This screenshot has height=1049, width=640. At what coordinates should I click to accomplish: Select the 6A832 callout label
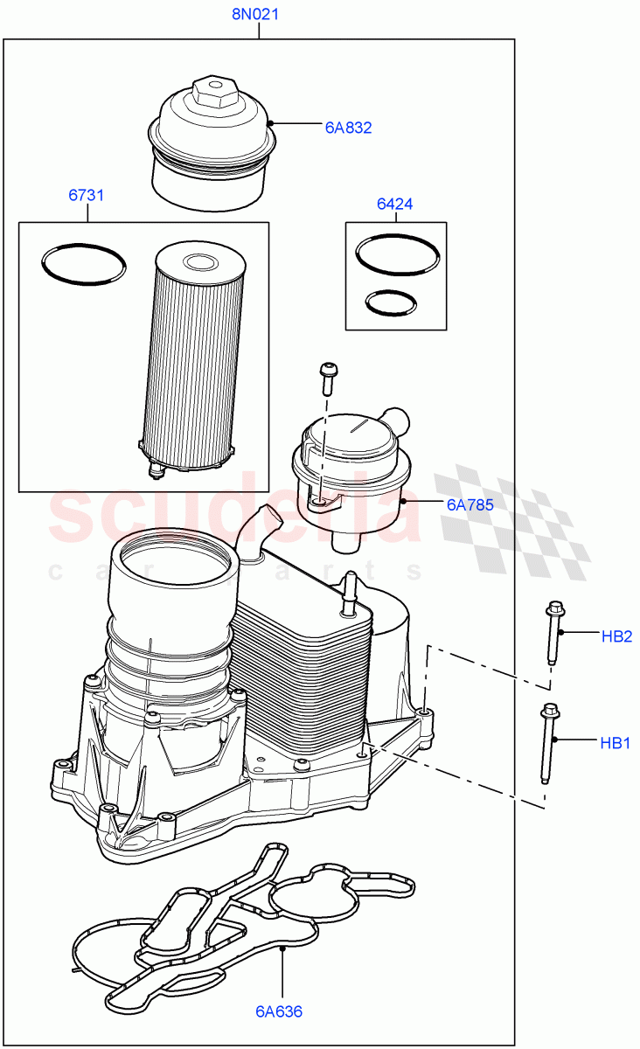point(348,128)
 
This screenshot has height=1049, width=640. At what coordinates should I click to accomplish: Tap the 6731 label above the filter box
point(87,195)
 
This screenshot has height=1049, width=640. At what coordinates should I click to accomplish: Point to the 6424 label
point(394,205)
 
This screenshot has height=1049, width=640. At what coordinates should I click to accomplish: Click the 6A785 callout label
point(470,504)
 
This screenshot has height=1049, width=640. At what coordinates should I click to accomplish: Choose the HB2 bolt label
point(616,636)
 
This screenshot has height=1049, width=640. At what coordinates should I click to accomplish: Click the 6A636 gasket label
point(279,1011)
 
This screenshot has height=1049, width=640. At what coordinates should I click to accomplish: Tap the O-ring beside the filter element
point(84,263)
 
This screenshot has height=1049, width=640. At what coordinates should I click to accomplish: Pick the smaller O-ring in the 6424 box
point(388,302)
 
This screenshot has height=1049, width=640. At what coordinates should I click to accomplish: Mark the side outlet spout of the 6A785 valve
point(401,419)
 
